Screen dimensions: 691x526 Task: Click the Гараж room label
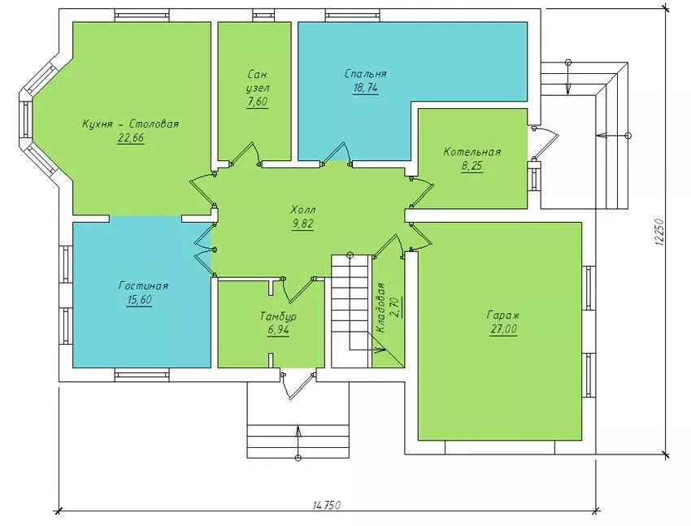[503, 315]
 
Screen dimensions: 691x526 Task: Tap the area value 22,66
[130, 138]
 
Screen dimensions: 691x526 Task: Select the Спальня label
[365, 73]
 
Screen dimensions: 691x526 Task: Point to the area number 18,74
[365, 88]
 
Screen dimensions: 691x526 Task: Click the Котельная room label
[472, 152]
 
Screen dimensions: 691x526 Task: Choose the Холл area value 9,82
[302, 224]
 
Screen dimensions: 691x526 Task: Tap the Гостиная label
[143, 286]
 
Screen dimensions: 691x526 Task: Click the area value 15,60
[139, 300]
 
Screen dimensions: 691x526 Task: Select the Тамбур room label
[278, 316]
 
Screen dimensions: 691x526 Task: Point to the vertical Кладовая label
[380, 307]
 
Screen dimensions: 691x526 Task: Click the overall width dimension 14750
[327, 505]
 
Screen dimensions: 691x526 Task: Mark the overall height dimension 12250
[660, 232]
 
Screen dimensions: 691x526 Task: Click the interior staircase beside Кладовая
[350, 311]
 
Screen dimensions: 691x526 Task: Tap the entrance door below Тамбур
[298, 386]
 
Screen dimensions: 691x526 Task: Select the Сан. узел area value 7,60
[258, 102]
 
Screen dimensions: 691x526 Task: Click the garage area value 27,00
[503, 329]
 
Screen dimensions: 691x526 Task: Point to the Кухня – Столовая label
[130, 124]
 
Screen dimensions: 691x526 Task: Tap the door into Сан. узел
[244, 154]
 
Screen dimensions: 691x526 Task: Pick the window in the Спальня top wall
[352, 16]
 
